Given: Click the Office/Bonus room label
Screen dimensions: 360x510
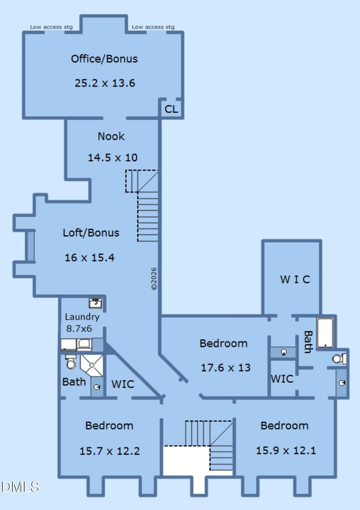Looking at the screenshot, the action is coord(104,59).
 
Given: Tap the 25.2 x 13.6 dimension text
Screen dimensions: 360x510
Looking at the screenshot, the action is coord(105,83).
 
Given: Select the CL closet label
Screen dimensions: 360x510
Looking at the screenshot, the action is coord(171,109).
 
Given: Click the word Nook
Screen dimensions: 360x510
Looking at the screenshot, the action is coord(111,136).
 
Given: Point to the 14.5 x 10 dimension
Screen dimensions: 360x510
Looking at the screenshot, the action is coord(112,158).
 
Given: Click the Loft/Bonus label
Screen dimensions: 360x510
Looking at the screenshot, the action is coord(91,233).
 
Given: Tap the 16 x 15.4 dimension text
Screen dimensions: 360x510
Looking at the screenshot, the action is coord(90,257).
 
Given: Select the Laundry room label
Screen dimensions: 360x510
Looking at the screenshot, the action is coord(82,317).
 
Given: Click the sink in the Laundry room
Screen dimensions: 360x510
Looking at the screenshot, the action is coord(95,303).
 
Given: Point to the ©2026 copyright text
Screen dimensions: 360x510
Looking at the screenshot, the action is coord(154,279).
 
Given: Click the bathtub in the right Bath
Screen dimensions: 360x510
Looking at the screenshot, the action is coord(325,333).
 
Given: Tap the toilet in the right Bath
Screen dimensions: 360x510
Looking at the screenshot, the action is coord(339,359).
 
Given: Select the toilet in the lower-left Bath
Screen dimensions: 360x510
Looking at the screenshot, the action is coord(71,362).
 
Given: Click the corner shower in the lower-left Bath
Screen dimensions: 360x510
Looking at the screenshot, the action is coord(92,365).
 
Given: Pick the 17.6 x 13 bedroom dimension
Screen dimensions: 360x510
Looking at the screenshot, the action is coord(226,368).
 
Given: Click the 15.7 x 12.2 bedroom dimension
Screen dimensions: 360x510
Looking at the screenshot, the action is coord(110,451).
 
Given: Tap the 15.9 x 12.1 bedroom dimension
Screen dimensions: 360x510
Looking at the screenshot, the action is coord(286,451).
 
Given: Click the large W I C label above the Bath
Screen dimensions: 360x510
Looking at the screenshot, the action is coord(295,280).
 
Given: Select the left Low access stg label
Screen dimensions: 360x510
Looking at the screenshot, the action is coord(51,27).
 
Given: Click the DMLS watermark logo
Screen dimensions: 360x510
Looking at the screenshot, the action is coord(20,487).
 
